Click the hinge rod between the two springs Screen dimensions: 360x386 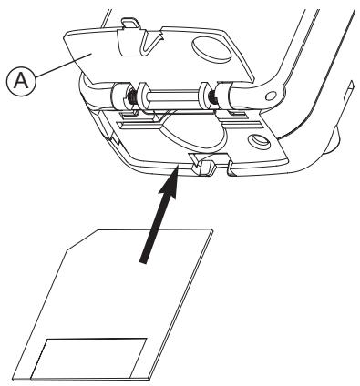(x=169, y=94)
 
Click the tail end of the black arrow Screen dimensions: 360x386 (x=142, y=260)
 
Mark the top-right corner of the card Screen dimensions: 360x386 (x=212, y=230)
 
